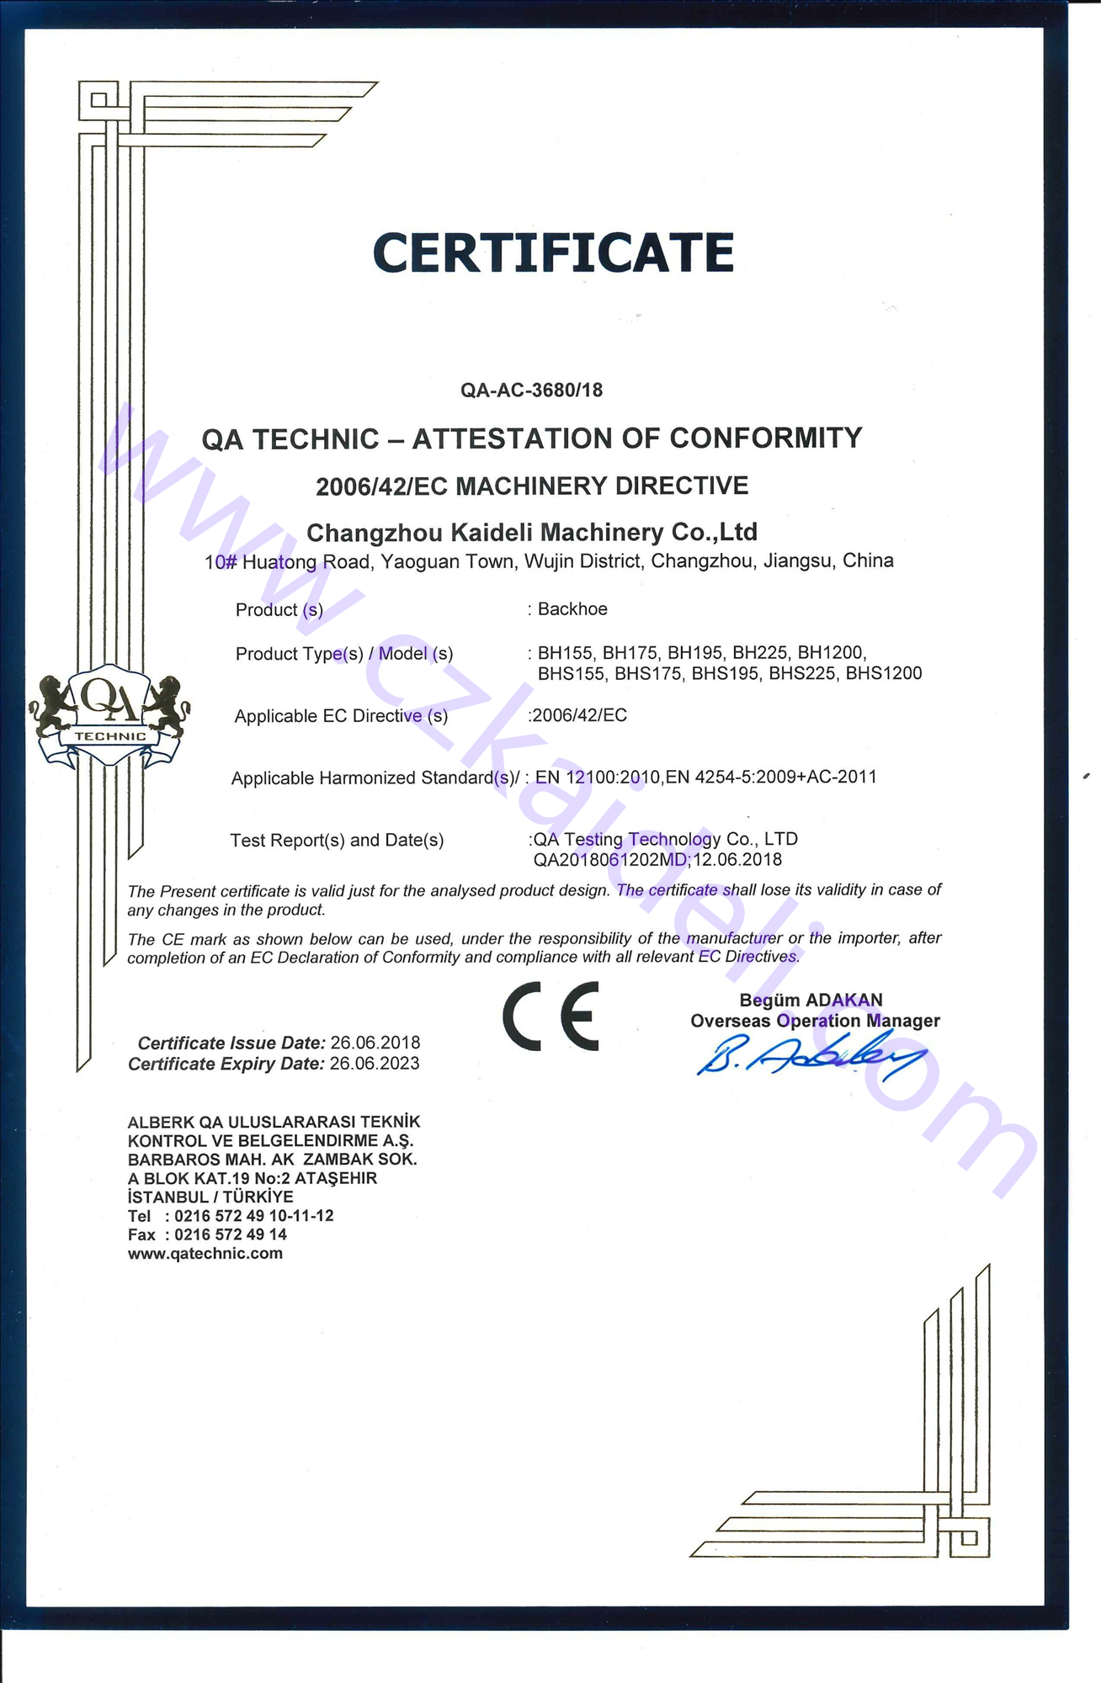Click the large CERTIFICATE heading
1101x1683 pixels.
click(x=553, y=252)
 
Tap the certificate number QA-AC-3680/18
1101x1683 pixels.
click(x=531, y=390)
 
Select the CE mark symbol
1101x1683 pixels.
click(x=551, y=1016)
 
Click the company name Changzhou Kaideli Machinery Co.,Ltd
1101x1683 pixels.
click(x=532, y=533)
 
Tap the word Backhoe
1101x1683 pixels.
click(x=572, y=609)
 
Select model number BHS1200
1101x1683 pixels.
click(x=884, y=674)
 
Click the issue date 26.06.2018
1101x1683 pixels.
click(x=375, y=1043)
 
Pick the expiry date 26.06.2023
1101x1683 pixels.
click(x=375, y=1064)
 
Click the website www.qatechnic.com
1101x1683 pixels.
click(x=205, y=1254)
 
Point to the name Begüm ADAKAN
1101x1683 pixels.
click(x=811, y=1001)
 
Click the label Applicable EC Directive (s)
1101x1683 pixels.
click(x=341, y=716)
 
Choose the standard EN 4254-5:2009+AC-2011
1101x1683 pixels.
click(x=785, y=777)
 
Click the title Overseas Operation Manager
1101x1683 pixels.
click(x=815, y=1021)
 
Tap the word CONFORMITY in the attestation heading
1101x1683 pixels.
click(x=766, y=438)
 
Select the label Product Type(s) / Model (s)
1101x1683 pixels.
click(x=344, y=654)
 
